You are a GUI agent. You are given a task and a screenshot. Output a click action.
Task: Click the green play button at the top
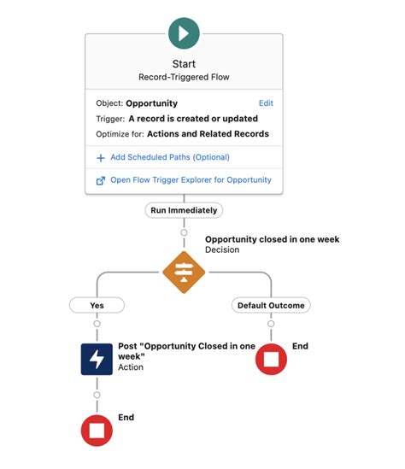(x=184, y=33)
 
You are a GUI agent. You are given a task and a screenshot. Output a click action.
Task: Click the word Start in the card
(x=184, y=64)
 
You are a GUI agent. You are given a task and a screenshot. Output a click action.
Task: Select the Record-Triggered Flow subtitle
(x=184, y=77)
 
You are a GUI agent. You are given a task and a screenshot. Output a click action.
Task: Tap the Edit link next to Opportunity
(x=266, y=103)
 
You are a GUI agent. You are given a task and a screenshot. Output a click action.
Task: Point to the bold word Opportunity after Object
(x=151, y=103)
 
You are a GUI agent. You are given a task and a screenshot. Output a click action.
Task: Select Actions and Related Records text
(x=208, y=134)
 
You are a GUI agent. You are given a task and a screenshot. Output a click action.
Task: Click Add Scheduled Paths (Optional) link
(x=169, y=157)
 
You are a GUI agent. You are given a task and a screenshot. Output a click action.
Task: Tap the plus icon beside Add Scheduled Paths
(x=101, y=157)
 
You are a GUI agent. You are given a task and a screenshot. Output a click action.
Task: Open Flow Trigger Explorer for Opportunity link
(x=190, y=180)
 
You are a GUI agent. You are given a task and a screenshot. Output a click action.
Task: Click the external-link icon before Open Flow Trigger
(x=101, y=180)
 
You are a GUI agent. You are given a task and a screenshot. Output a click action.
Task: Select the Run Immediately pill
(x=184, y=210)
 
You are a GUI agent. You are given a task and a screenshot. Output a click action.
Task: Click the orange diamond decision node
(x=184, y=273)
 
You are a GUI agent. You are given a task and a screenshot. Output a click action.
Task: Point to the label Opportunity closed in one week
(x=272, y=239)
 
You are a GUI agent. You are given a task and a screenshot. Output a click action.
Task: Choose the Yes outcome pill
(x=97, y=305)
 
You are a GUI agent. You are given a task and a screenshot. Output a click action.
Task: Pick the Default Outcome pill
(x=270, y=305)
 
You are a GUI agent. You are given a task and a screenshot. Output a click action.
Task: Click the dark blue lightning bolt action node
(x=97, y=359)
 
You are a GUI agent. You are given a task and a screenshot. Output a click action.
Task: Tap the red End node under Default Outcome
(x=271, y=359)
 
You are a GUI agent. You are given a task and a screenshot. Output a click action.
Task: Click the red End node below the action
(x=97, y=430)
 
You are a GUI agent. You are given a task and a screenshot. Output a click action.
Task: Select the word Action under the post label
(x=131, y=367)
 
